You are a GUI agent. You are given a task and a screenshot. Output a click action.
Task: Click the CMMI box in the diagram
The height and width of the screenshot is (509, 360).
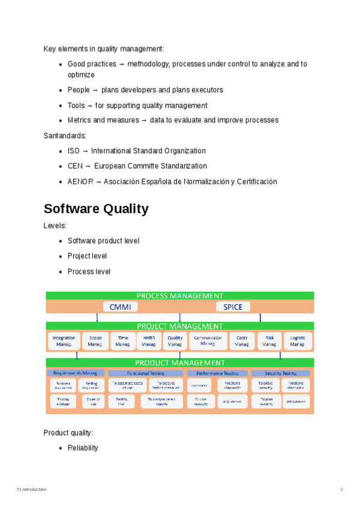[x=120, y=307]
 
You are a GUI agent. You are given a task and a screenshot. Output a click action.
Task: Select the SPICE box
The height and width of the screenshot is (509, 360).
[x=233, y=307]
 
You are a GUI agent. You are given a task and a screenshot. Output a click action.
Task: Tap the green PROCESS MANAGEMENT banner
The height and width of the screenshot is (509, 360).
[x=180, y=295]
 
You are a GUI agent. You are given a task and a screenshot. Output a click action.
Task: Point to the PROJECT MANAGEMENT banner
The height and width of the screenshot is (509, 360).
[x=180, y=326]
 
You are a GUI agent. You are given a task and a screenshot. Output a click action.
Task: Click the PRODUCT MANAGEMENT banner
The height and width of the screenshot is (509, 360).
[x=180, y=363]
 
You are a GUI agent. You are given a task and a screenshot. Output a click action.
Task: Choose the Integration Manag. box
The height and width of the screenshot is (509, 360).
[x=64, y=341]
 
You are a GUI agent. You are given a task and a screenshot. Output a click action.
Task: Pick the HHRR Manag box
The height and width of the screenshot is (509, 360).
[x=149, y=341]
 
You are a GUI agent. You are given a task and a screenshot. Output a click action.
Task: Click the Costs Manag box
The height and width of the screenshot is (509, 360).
[x=241, y=341]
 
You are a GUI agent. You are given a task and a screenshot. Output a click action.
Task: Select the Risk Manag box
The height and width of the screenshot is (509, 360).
[x=269, y=341]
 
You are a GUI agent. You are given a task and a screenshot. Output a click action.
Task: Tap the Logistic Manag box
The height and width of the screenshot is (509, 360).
[x=298, y=341]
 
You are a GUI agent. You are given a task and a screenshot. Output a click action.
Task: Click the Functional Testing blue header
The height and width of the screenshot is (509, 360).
[x=145, y=373]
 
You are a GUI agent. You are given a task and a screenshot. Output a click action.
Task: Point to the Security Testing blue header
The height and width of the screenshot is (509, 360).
[x=281, y=373]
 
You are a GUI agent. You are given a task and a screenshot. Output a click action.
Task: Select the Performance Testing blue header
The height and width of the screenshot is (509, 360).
[x=217, y=373]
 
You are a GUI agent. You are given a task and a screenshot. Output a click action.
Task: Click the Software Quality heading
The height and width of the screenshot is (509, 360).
[x=96, y=209]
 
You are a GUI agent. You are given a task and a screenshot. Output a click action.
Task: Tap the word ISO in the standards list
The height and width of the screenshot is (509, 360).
[x=73, y=151]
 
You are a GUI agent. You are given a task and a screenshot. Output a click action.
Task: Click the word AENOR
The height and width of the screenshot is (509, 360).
[x=80, y=181]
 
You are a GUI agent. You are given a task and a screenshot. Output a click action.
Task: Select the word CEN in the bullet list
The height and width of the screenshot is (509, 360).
[x=75, y=166]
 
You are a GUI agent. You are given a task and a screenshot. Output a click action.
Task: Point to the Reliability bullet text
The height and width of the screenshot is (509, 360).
[x=83, y=448]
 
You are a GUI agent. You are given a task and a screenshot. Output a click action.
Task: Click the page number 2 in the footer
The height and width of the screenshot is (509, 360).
[x=341, y=490]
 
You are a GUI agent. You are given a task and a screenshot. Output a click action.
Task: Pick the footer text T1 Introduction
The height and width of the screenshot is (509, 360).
[x=31, y=490]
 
